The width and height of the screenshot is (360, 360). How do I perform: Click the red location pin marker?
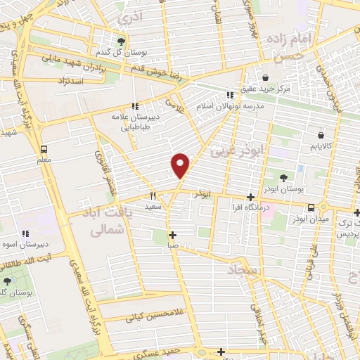tap(181, 165)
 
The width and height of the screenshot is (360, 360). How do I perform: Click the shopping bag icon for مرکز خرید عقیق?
tap(266, 77)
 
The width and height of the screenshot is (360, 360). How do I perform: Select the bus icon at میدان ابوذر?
tap(311, 207)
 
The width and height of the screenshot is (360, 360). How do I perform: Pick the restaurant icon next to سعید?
tap(152, 196)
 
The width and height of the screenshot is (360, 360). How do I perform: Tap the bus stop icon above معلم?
tap(44, 149)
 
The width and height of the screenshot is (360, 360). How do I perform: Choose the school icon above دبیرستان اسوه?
tap(25, 233)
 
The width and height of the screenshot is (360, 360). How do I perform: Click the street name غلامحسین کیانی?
tap(148, 316)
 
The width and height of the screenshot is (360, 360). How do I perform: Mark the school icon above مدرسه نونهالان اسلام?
tap(229, 95)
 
